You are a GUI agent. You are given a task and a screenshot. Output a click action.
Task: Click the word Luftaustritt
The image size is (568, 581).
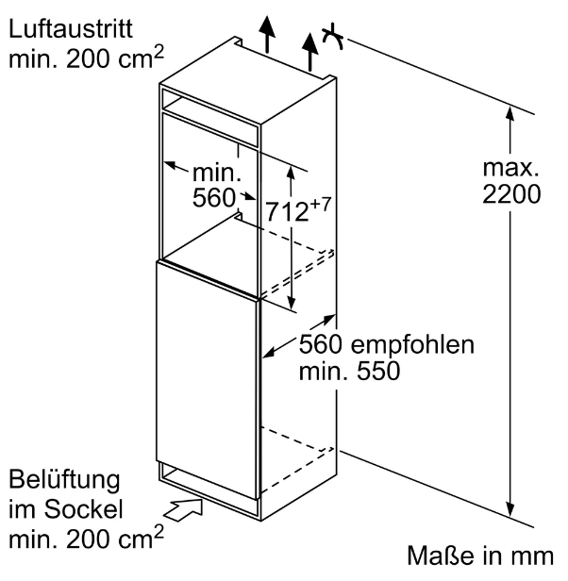tap(71, 28)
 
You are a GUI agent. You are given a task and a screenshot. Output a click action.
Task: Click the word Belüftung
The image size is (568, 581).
tap(64, 481)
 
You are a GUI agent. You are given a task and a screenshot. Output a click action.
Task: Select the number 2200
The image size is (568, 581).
tap(511, 193)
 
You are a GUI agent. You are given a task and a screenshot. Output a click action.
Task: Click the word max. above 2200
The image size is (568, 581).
tap(510, 168)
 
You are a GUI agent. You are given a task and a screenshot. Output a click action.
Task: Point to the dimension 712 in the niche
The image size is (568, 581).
tap(287, 212)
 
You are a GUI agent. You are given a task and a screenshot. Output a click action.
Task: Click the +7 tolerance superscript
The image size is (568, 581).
tap(320, 205)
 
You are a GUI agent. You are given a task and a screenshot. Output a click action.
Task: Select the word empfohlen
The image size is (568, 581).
tap(412, 345)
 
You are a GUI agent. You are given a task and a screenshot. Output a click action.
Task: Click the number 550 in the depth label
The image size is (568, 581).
tap(378, 371)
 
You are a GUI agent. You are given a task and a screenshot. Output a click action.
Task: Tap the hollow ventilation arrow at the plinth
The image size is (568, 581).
tap(184, 509)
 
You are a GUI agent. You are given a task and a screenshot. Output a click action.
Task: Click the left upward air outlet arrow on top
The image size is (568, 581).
tap(267, 33)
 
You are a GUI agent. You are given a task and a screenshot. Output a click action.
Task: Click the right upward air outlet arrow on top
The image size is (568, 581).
tap(309, 52)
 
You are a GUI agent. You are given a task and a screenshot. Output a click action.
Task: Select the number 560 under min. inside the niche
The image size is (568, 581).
tap(214, 197)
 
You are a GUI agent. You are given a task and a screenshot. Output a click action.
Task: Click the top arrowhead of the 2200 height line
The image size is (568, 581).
tap(510, 113)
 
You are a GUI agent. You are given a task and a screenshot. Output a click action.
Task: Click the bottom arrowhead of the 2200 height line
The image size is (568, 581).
tap(510, 508)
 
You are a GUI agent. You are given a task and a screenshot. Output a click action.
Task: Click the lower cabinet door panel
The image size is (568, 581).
tap(207, 380)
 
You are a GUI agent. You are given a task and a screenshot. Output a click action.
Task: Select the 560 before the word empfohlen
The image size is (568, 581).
tap(320, 344)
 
